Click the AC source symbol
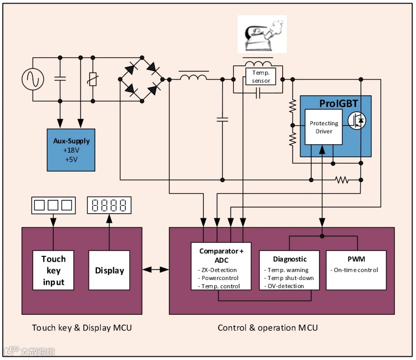31,79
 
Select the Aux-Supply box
72,149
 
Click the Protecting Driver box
324,127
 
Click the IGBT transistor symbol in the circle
358,121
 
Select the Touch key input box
54,270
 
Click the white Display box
109,270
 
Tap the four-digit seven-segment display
110,205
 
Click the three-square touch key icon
52,205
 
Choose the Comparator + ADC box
221,266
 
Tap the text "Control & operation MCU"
268,328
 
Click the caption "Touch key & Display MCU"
82,328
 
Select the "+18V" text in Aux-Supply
72,150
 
